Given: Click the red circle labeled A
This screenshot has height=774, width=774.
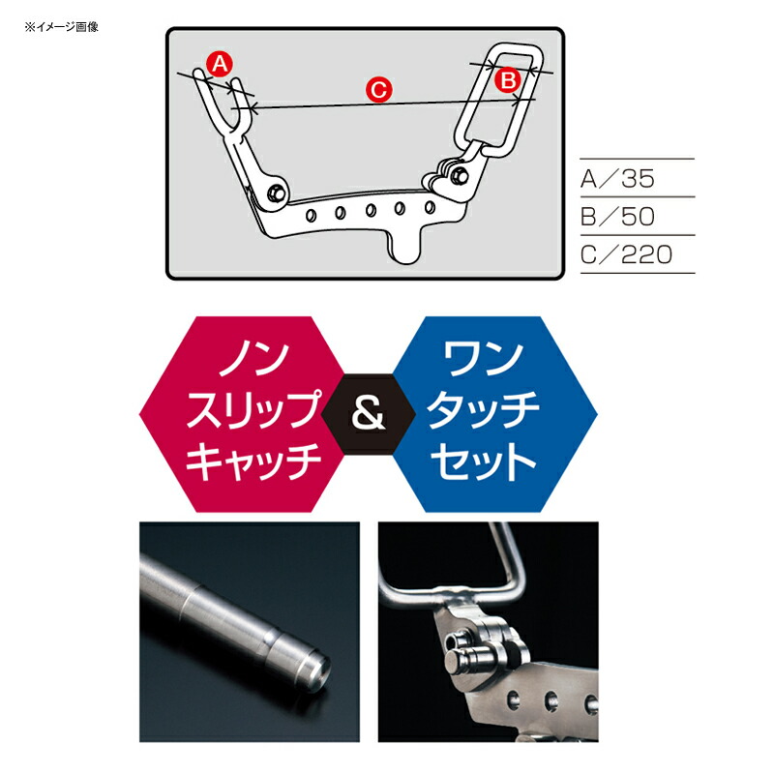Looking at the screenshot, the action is [x=220, y=64].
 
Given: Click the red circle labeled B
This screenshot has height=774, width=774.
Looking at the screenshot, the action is [x=508, y=79].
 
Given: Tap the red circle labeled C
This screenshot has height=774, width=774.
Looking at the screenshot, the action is [x=378, y=90].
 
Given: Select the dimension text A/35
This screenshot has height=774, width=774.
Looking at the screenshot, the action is [x=617, y=178].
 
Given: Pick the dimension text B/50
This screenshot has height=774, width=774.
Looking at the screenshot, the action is [x=617, y=216].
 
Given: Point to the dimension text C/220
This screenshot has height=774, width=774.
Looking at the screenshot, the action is [x=626, y=254].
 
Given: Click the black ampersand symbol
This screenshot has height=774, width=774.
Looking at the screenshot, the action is [x=368, y=414].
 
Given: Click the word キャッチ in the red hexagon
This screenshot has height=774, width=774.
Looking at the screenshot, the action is [x=253, y=461].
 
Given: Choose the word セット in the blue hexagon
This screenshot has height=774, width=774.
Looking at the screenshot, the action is [x=484, y=461].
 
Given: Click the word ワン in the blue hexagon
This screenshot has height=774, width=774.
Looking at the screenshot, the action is [x=483, y=358].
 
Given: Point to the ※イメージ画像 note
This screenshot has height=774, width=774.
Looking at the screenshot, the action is [x=61, y=27].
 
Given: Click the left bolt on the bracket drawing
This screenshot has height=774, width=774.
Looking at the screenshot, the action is [x=276, y=193].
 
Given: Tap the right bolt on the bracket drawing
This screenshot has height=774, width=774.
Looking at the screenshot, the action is [x=459, y=175].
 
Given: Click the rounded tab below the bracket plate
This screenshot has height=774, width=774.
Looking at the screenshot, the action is [x=405, y=247].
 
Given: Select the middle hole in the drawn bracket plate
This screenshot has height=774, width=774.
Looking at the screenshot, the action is [x=371, y=211].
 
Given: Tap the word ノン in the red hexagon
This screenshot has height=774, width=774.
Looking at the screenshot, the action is [x=253, y=358].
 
